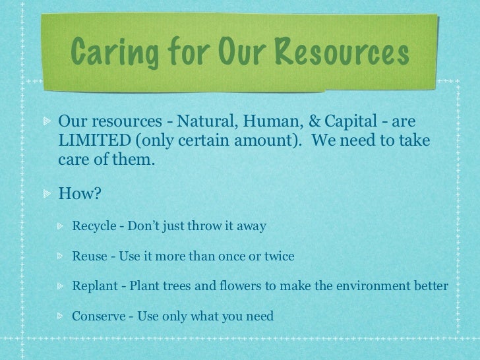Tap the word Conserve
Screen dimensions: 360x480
(98, 315)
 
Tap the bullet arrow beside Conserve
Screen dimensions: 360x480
(61, 315)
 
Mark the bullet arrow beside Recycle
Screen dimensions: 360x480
(61, 227)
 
